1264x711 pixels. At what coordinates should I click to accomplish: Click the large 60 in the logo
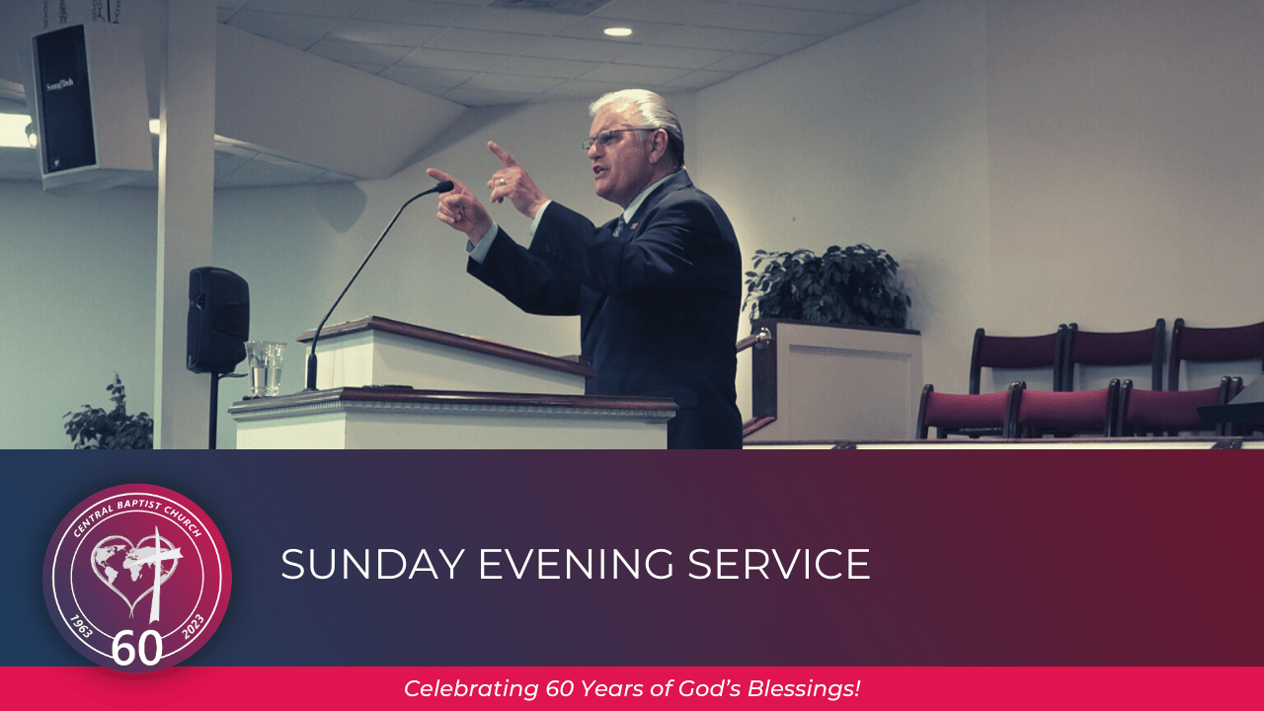coord(136,648)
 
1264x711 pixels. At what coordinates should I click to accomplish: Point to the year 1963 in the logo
coord(81,626)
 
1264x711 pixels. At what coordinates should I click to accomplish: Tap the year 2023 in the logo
coord(193,626)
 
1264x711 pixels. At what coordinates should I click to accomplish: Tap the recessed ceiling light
coord(617,32)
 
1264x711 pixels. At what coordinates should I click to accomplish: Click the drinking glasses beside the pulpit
coord(266,367)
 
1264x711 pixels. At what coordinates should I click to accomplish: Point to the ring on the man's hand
coord(504,183)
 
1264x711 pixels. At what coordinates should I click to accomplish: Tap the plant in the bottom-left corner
coord(109,417)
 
